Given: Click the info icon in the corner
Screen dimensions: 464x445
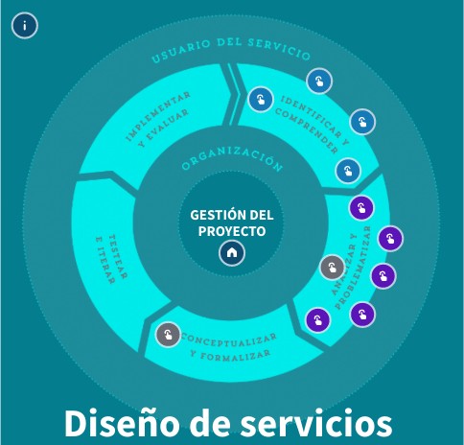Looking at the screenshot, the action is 25,26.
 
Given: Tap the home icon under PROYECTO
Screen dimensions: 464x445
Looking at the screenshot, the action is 232,252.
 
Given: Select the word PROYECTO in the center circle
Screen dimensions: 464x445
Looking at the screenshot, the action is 232,231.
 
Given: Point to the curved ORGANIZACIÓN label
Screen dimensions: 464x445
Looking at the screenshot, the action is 232,157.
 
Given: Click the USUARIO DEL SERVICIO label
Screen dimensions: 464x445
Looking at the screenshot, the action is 231,48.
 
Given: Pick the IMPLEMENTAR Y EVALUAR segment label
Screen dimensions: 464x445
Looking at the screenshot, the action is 158,119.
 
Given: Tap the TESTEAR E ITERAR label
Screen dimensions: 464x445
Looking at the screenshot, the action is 111,260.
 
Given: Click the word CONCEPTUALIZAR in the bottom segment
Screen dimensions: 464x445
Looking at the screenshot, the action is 229,340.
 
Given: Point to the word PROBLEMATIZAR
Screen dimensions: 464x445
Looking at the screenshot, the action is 354,268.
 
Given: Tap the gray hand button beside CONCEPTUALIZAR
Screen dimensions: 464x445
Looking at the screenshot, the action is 168,335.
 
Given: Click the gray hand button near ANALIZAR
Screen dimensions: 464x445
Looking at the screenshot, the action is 333,268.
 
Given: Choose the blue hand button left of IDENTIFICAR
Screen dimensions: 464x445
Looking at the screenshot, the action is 261,99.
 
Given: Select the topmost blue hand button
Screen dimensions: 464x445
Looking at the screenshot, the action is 319,82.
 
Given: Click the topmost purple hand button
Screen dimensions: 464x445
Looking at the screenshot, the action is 361,208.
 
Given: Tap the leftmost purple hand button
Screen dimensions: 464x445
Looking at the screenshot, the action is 317,319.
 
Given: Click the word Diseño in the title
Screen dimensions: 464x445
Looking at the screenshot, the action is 122,423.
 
